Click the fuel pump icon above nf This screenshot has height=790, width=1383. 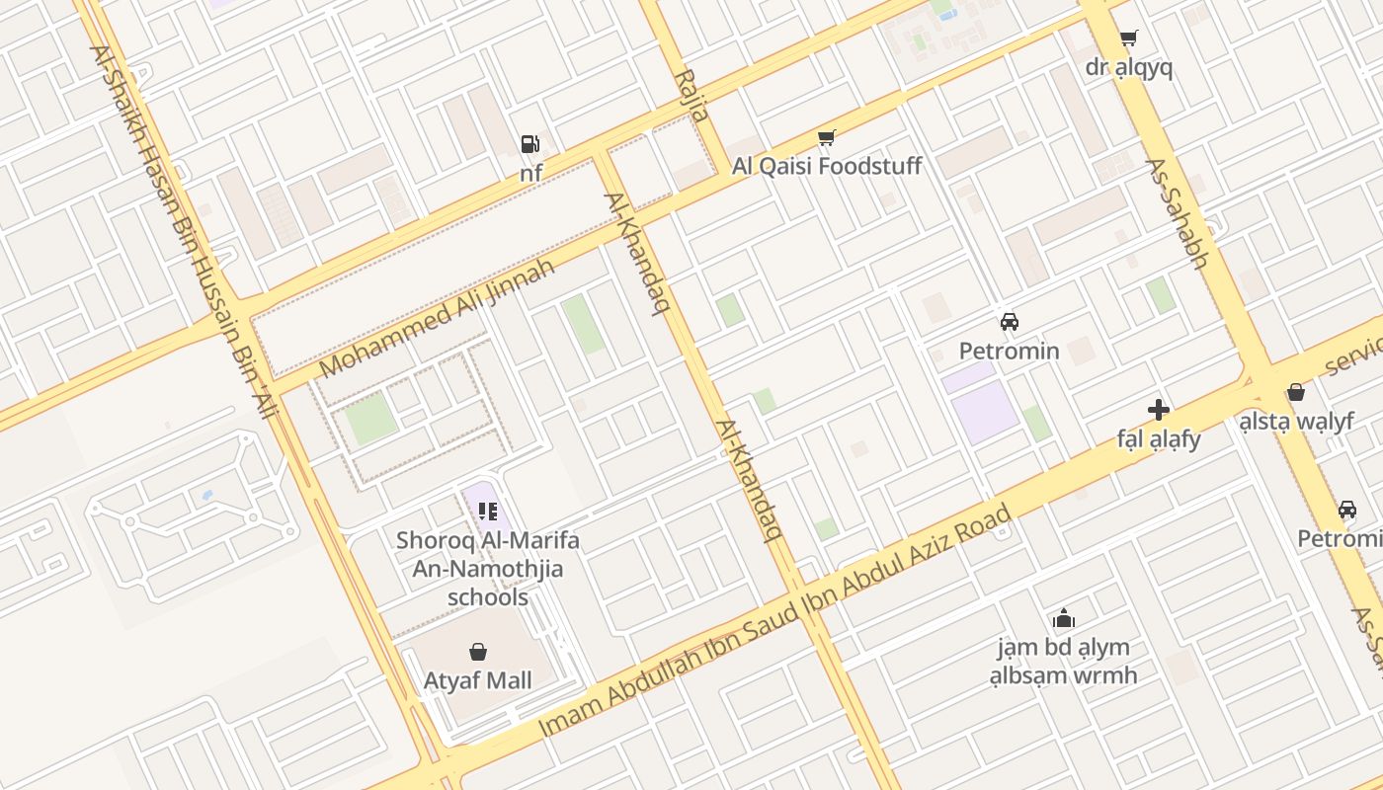tap(530, 144)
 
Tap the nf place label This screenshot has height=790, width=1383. tap(531, 174)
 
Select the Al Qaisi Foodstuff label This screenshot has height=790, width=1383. tap(826, 166)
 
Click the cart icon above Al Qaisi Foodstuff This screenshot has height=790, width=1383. tap(826, 137)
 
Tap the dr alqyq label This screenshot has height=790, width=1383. tap(1128, 67)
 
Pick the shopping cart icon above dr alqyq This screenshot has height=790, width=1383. tap(1128, 39)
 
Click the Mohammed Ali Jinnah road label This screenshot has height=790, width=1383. tap(436, 317)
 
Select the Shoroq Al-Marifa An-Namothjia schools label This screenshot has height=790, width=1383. tap(488, 569)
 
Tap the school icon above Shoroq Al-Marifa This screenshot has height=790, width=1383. tap(487, 511)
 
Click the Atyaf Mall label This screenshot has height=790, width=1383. tap(478, 680)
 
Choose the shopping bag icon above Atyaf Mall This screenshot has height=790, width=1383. tap(478, 652)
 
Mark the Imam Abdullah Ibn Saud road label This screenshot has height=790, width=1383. tap(775, 621)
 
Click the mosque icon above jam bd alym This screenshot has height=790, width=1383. tap(1064, 619)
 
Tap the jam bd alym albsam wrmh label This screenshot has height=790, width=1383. tap(1064, 662)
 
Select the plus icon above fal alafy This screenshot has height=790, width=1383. tap(1159, 410)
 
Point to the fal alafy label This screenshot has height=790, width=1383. tap(1159, 438)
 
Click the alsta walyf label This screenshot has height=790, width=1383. tap(1296, 422)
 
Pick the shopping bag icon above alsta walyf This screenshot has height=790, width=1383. tap(1296, 393)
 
